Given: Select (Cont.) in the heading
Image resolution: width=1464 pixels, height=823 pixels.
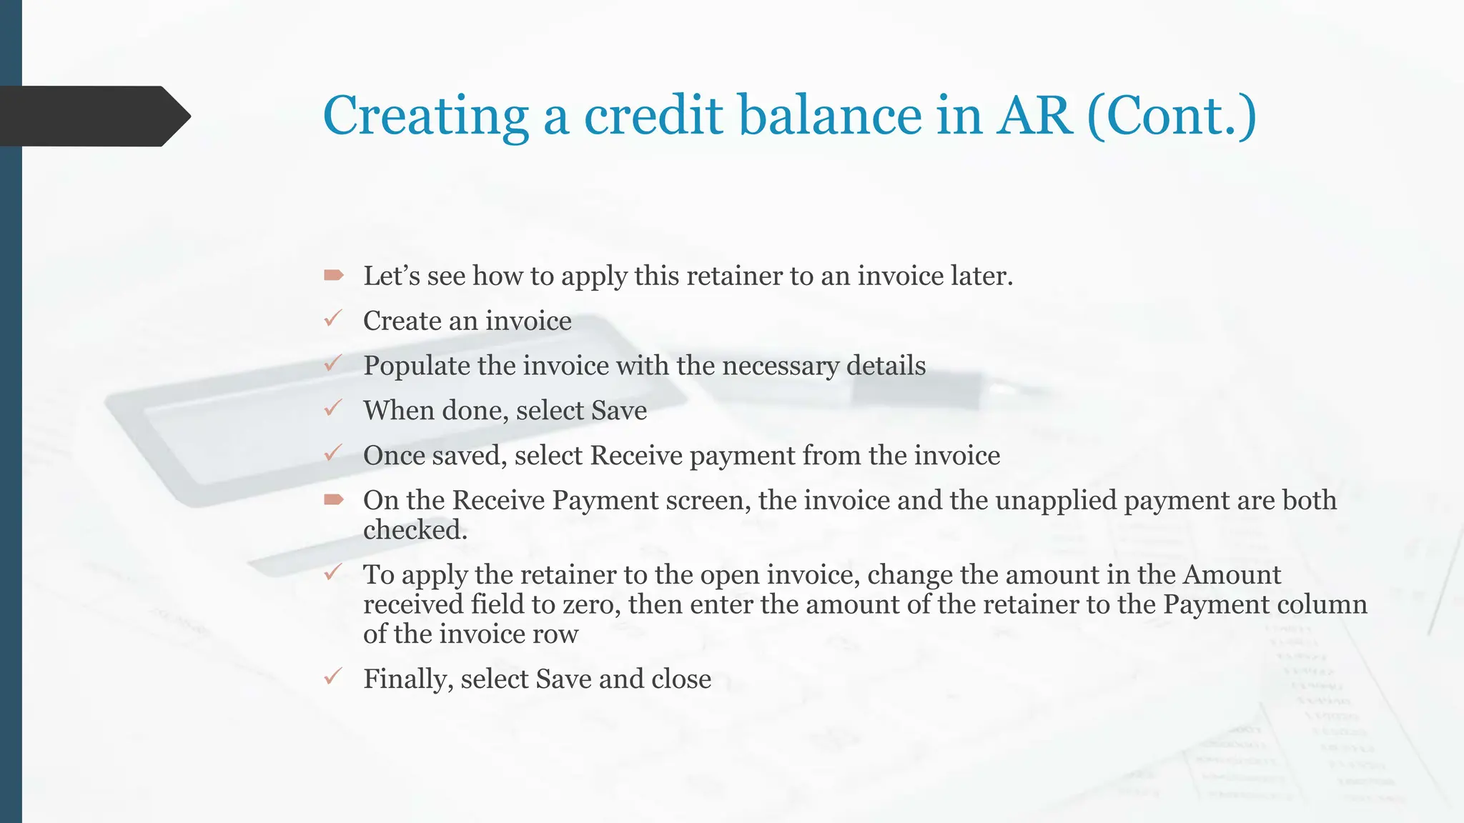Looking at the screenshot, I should pyautogui.click(x=1172, y=116).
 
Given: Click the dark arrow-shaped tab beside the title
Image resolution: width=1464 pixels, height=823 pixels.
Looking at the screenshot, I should pyautogui.click(x=93, y=116).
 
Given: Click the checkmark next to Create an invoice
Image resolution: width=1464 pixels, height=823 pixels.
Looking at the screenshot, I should pyautogui.click(x=333, y=319).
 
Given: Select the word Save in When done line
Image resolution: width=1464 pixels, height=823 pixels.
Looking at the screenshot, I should pyautogui.click(x=619, y=411).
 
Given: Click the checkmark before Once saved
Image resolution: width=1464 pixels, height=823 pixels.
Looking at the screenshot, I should pyautogui.click(x=333, y=453).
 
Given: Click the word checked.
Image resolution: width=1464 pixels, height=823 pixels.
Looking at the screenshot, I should pyautogui.click(x=415, y=530).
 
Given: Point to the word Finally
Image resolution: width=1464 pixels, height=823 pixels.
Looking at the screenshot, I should pyautogui.click(x=408, y=679).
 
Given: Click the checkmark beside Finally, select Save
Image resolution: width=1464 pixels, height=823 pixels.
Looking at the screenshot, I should pyautogui.click(x=333, y=677).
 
